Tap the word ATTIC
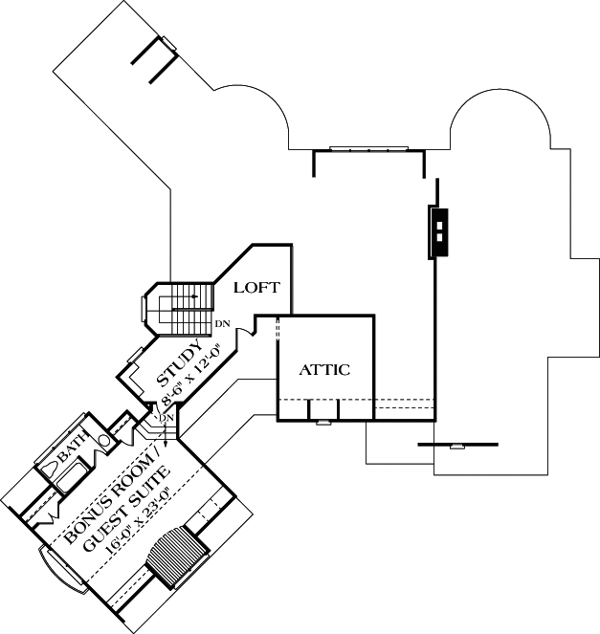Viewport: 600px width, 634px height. (324, 369)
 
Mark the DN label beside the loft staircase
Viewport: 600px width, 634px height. (222, 323)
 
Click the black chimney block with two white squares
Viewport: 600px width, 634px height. (436, 232)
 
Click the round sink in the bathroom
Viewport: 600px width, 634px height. (104, 442)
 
